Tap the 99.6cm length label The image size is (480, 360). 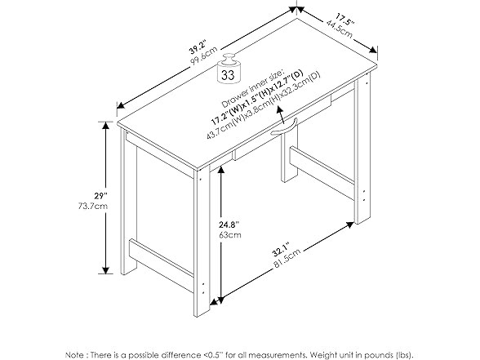(x=204, y=56)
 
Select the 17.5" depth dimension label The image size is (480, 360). (x=345, y=18)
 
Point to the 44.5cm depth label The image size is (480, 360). (x=340, y=29)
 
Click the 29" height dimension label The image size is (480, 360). (x=101, y=195)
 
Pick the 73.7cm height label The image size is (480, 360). (x=93, y=206)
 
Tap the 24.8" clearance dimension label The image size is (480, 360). (x=229, y=224)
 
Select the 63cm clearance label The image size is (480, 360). (x=230, y=235)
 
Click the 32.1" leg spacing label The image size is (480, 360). (x=281, y=250)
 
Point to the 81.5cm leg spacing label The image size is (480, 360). (x=287, y=259)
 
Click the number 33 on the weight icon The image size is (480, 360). (x=228, y=75)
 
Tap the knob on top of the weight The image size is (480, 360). (x=229, y=58)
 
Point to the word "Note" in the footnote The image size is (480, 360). (x=73, y=355)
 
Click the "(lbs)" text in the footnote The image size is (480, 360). (x=403, y=355)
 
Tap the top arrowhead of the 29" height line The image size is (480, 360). (x=106, y=126)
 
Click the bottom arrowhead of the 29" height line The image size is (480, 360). (x=106, y=270)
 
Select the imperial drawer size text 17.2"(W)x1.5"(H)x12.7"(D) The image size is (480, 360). (x=257, y=97)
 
